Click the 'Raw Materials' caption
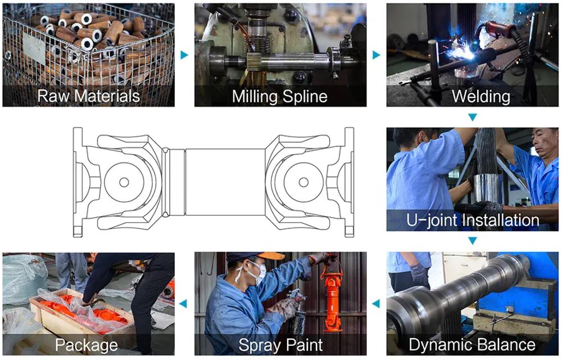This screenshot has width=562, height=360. pyautogui.click(x=88, y=96)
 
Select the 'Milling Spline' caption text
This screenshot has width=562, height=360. pyautogui.click(x=280, y=96)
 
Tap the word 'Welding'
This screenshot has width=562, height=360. pyautogui.click(x=481, y=96)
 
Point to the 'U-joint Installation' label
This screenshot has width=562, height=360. pyautogui.click(x=473, y=220)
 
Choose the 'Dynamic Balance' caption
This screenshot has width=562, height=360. pyautogui.click(x=472, y=344)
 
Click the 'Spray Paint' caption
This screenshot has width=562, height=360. pyautogui.click(x=280, y=344)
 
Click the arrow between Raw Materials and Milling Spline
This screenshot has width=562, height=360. pyautogui.click(x=184, y=55)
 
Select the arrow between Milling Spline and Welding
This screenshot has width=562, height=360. pyautogui.click(x=376, y=55)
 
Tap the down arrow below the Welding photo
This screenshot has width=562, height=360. pyautogui.click(x=473, y=117)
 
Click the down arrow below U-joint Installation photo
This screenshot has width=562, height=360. pyautogui.click(x=473, y=241)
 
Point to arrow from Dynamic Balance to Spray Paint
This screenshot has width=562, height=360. pyautogui.click(x=376, y=304)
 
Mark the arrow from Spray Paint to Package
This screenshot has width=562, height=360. pyautogui.click(x=183, y=304)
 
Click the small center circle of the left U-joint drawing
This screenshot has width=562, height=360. pyautogui.click(x=124, y=182)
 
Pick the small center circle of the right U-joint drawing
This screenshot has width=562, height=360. pyautogui.click(x=303, y=182)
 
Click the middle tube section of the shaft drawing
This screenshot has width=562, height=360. pyautogui.click(x=225, y=182)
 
